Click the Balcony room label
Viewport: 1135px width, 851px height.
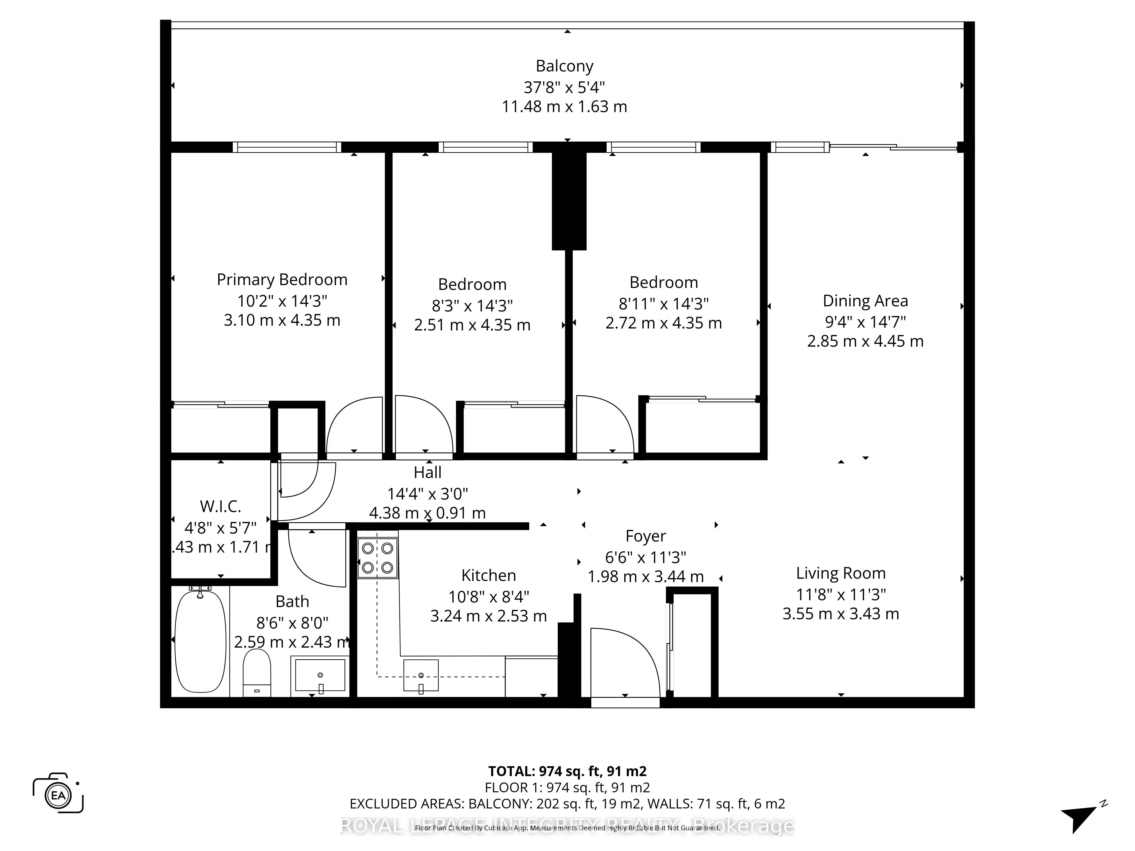564,66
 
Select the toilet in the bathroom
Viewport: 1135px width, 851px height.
257,672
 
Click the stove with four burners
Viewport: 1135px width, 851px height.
378,558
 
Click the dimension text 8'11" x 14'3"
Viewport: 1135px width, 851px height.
663,304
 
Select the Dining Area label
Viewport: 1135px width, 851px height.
865,301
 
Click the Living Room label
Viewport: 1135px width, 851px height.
840,573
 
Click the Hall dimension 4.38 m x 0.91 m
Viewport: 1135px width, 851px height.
427,513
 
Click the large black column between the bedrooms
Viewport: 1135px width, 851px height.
569,200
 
